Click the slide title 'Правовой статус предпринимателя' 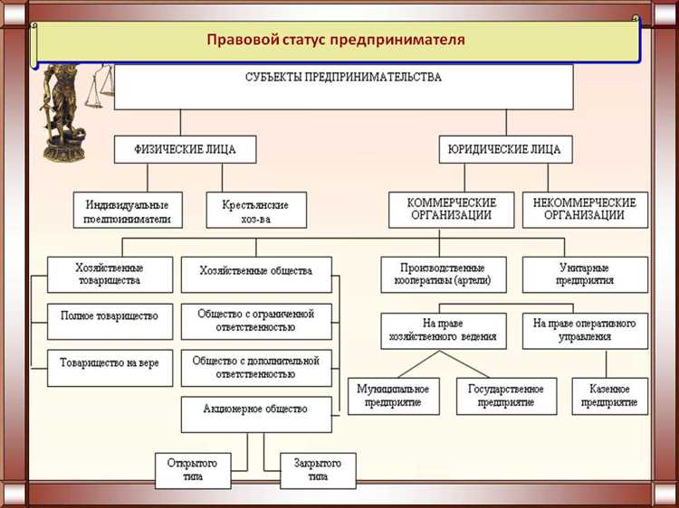[x=336, y=41]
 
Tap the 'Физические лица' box [x=185, y=149]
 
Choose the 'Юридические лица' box [x=504, y=149]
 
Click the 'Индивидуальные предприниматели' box [x=128, y=210]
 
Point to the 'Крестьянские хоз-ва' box [x=255, y=210]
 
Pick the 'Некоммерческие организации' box [x=585, y=209]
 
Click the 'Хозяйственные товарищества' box [x=109, y=274]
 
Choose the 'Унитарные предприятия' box [x=585, y=274]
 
